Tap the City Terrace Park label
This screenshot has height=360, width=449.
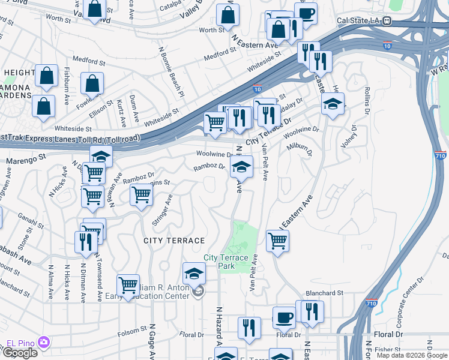pos(226,262)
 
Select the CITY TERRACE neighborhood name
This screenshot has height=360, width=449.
pos(174,241)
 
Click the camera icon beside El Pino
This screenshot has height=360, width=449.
pos(43,343)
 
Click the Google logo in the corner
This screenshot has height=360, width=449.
pos(20,353)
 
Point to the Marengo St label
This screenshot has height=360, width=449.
pos(26,160)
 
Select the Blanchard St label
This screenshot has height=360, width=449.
pos(324,293)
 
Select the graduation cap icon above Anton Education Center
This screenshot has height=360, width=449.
pos(194,274)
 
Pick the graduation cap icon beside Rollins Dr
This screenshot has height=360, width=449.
pos(333,104)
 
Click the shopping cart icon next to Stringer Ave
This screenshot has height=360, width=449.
pos(141,194)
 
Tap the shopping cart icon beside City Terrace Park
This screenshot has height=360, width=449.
pos(277,240)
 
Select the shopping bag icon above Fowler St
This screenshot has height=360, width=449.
pos(92,83)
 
